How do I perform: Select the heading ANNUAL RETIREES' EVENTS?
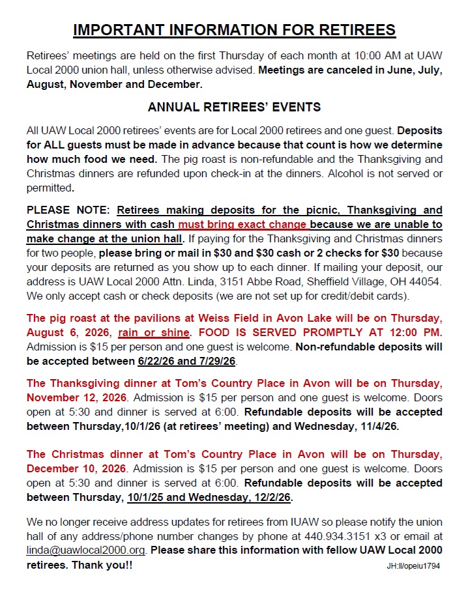tap(234, 107)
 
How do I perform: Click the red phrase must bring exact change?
tap(242, 224)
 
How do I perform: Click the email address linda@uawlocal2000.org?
tap(86, 550)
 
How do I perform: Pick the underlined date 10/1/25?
tap(147, 498)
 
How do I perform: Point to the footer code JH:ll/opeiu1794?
tap(412, 566)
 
